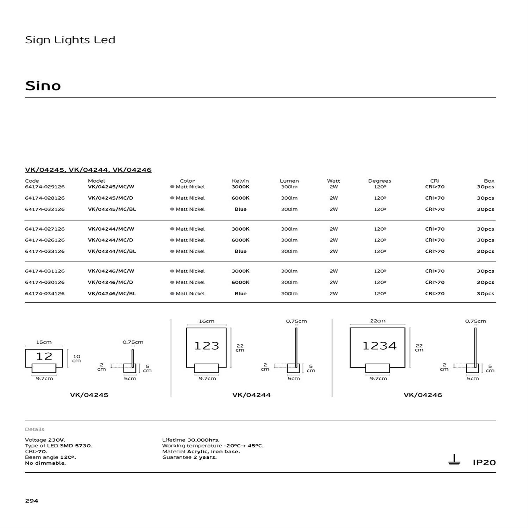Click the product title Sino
click(43, 86)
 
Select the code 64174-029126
click(45, 187)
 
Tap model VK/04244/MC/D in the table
click(110, 240)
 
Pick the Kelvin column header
click(240, 181)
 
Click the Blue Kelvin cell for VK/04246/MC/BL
click(240, 294)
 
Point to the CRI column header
click(435, 181)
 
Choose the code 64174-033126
click(45, 251)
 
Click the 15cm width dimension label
click(44, 342)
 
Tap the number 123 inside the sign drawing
click(207, 346)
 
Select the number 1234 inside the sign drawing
click(379, 346)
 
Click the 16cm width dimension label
click(207, 321)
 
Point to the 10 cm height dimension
click(76, 359)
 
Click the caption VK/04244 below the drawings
click(251, 395)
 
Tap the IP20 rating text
click(484, 463)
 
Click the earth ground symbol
click(454, 460)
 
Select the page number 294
click(32, 501)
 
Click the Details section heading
click(34, 429)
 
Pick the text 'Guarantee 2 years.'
click(189, 457)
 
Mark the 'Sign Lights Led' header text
click(70, 40)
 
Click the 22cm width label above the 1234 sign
click(378, 321)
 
